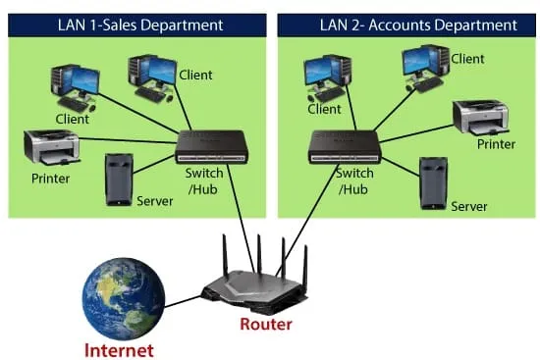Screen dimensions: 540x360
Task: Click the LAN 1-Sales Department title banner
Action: (x=137, y=26)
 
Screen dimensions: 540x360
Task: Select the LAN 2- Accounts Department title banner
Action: (x=406, y=26)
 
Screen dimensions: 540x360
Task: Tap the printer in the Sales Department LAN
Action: (x=52, y=148)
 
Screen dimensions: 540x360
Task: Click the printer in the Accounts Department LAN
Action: (x=481, y=118)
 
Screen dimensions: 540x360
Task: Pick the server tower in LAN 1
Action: (x=119, y=180)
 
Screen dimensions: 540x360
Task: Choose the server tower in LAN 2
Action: (x=434, y=183)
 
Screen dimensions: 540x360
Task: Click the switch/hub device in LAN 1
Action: (x=211, y=147)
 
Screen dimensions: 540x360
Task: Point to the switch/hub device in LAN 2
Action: (x=345, y=147)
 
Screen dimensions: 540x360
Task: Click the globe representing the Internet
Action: (x=124, y=299)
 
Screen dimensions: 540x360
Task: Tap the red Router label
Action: (x=266, y=325)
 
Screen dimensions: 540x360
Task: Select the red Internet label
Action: (x=119, y=351)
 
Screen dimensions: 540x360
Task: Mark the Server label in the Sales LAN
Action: (x=154, y=201)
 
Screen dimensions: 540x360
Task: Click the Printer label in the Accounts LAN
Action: (x=496, y=144)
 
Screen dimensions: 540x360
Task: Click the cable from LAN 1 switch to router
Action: (x=241, y=219)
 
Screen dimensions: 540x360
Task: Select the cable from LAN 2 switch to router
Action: (x=307, y=221)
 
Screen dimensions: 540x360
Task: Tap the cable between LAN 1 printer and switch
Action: (x=128, y=140)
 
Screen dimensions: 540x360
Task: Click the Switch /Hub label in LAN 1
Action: (x=204, y=181)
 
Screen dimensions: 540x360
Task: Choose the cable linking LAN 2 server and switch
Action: (x=401, y=167)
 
